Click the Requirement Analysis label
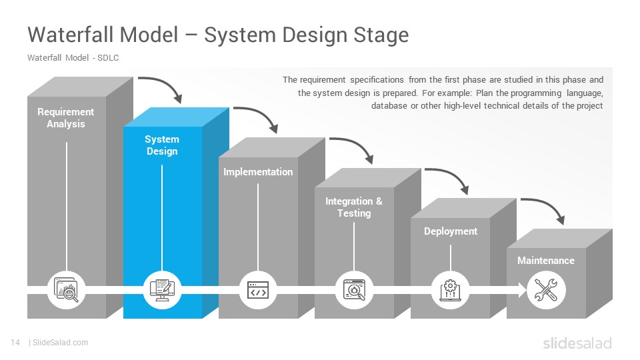(66, 117)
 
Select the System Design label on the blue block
(162, 145)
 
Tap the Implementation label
(258, 172)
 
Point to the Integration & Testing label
(354, 207)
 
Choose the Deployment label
(451, 231)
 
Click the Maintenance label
(546, 261)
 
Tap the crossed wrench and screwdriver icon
(546, 290)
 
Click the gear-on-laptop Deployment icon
(450, 290)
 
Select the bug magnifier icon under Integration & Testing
(354, 290)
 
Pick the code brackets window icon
(258, 290)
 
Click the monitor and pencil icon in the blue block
(162, 290)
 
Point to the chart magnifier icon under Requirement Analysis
(66, 290)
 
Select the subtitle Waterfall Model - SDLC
(73, 58)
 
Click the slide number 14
(15, 343)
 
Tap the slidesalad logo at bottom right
(577, 343)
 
